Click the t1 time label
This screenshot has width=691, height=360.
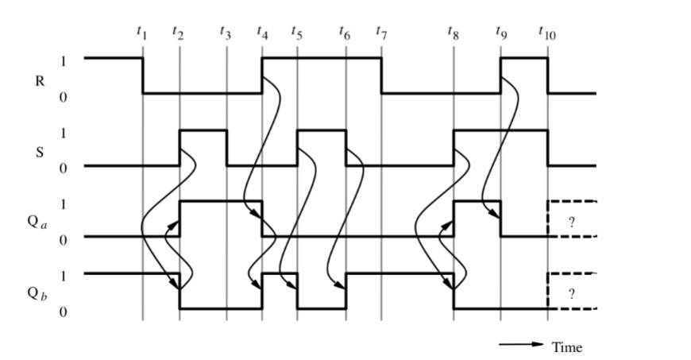tap(142, 33)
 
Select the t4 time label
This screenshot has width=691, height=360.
tap(262, 33)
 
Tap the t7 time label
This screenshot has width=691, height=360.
tap(381, 33)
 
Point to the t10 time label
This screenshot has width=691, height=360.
tap(547, 33)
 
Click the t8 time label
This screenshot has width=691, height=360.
tap(453, 33)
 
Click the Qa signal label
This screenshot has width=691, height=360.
tap(27, 221)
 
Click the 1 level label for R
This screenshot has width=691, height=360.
tap(64, 60)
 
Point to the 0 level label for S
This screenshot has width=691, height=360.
tap(64, 167)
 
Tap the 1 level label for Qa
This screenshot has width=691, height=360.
tap(64, 203)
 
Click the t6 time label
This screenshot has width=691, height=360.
tap(344, 33)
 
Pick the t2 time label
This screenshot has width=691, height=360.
tap(178, 33)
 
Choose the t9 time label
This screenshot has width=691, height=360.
tap(500, 33)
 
